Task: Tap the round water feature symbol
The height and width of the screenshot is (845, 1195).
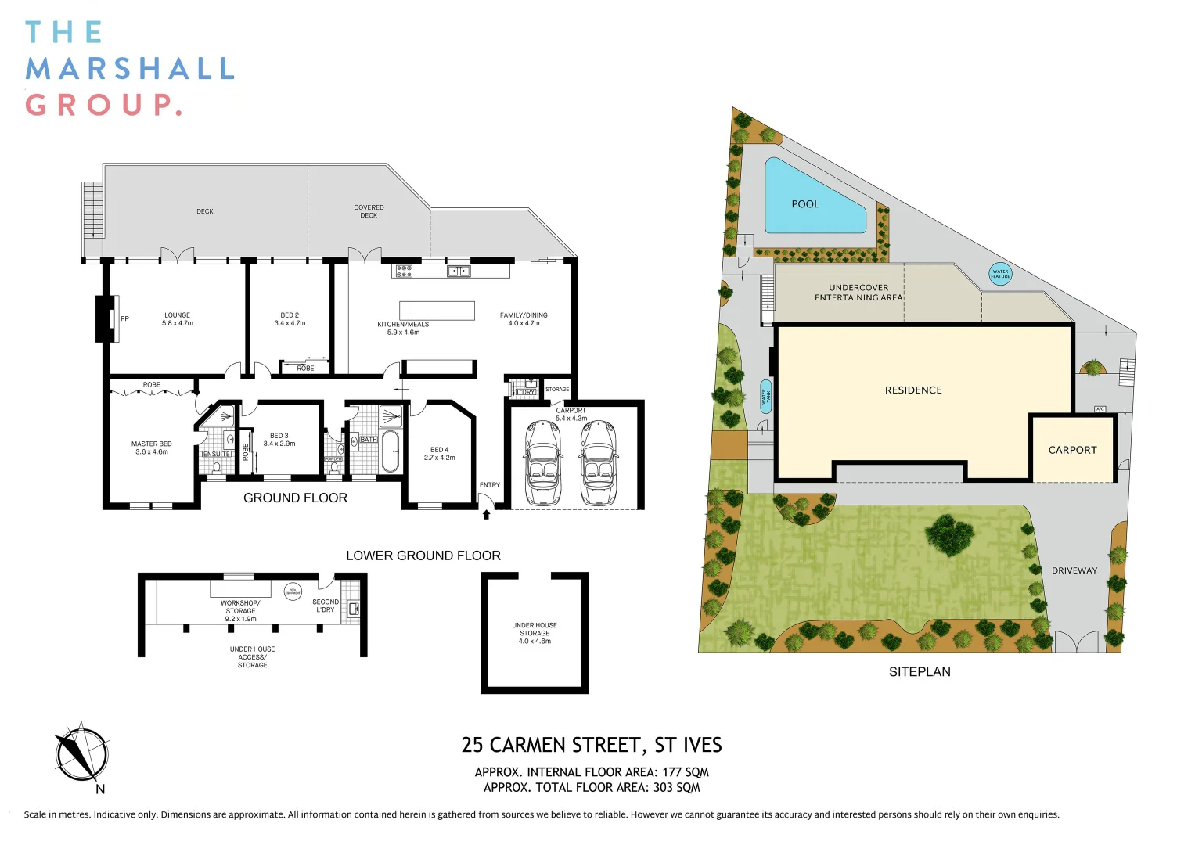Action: tap(1000, 274)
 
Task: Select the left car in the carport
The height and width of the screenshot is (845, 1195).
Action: tap(542, 463)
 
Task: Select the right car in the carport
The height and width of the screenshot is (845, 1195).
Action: tap(598, 463)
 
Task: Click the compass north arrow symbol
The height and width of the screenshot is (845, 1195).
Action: tap(81, 754)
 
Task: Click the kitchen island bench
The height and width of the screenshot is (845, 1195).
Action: tap(437, 311)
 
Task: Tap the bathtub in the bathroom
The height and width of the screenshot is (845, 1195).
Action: tap(390, 451)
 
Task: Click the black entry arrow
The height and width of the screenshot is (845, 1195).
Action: tap(487, 514)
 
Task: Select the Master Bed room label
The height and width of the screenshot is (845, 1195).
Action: tap(151, 448)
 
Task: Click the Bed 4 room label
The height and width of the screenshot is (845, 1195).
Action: tap(439, 454)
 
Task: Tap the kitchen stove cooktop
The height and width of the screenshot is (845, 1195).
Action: tap(404, 271)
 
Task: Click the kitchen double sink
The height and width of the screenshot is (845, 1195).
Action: tap(459, 271)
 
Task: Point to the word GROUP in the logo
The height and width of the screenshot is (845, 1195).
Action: tap(103, 105)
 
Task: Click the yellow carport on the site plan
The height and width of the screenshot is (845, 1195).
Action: tap(1072, 450)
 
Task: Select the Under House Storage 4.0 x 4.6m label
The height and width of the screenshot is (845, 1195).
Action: tap(535, 633)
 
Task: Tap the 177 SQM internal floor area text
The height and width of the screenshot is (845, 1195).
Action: tap(685, 772)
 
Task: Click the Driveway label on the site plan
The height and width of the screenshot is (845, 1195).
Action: tap(1074, 570)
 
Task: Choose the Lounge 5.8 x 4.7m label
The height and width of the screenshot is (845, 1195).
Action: tap(178, 319)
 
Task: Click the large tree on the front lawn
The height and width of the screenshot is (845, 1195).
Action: tap(949, 534)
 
